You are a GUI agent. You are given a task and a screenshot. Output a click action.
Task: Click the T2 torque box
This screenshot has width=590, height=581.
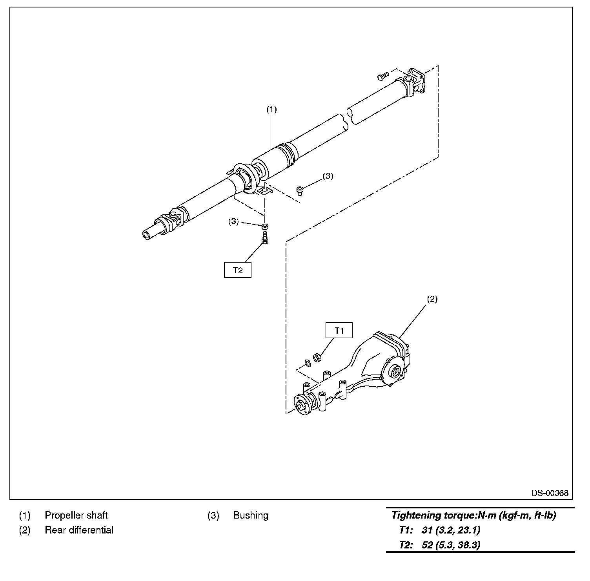coord(237,270)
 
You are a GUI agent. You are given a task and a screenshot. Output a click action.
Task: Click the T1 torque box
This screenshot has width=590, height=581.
coord(339,331)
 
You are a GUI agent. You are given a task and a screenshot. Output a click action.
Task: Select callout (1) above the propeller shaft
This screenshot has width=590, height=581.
coord(271,110)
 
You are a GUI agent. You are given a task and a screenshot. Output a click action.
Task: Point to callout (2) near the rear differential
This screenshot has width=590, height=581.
coord(432,299)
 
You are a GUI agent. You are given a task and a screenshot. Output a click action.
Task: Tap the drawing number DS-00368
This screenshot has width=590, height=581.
coord(550,493)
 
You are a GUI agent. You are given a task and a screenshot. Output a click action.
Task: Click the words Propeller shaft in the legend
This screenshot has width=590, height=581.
coord(76,515)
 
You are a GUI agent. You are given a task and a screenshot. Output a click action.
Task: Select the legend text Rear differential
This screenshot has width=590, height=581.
coord(79,530)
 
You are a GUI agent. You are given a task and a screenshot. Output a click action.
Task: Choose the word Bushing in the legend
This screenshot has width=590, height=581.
coord(251,515)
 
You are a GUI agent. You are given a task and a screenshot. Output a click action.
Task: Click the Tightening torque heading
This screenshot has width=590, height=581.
coord(474,515)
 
